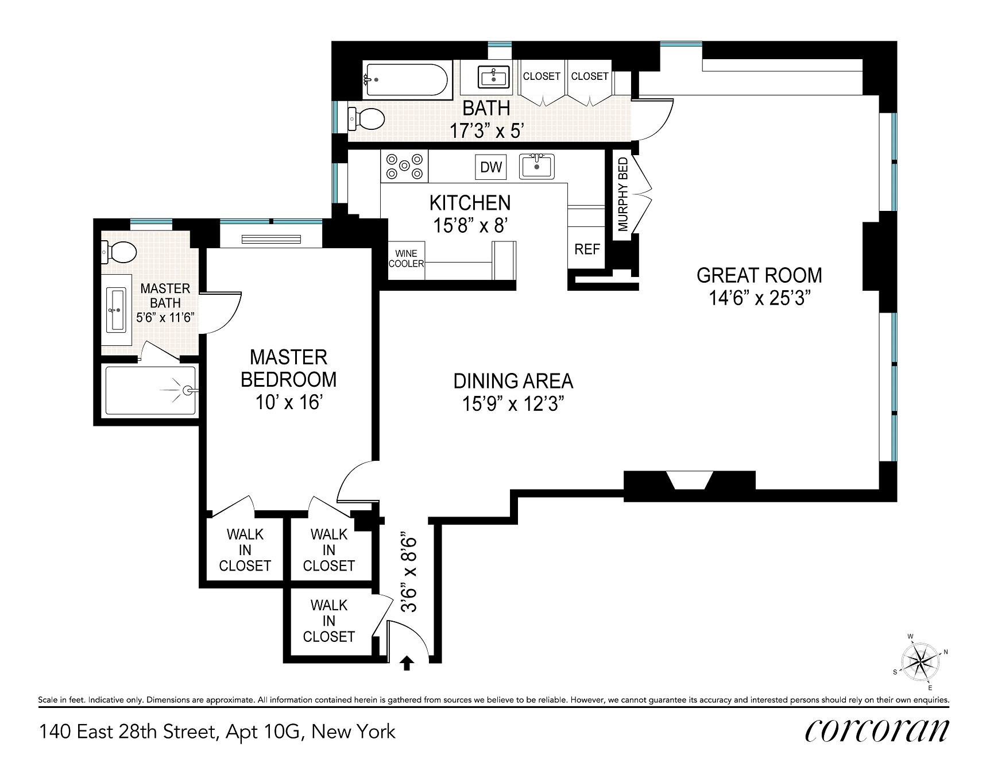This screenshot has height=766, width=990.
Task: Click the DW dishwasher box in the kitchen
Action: (x=491, y=167)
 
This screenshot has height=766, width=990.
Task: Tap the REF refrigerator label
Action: (x=587, y=249)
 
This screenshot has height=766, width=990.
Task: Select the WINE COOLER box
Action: (x=407, y=259)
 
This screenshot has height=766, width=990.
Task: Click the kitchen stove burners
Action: (x=404, y=167)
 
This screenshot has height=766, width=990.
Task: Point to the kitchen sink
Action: (x=536, y=166)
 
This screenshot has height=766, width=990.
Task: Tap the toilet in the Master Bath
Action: (x=119, y=251)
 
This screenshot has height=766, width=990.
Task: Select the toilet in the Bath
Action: (x=366, y=119)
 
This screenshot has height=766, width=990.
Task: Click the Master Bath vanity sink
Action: (x=117, y=310)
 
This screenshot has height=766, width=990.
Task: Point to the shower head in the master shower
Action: (x=187, y=391)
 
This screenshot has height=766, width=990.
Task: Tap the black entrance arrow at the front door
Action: (x=407, y=664)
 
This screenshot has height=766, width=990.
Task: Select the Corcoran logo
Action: (x=877, y=732)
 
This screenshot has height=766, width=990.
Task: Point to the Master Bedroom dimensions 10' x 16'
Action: (x=288, y=402)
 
